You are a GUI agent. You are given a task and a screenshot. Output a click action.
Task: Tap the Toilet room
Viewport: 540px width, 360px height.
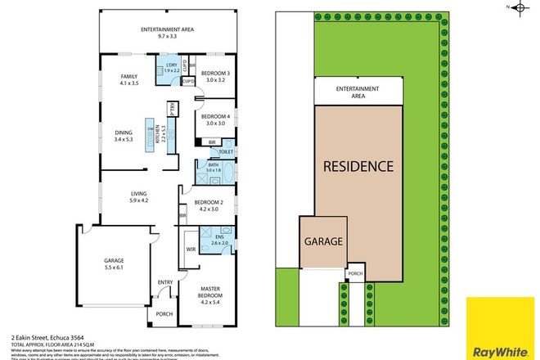pos(227,152)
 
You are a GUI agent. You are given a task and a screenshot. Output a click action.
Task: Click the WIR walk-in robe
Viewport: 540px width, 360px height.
pos(189,248)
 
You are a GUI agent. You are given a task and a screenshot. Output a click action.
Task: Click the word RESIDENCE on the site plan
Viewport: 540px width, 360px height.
pos(358,167)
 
